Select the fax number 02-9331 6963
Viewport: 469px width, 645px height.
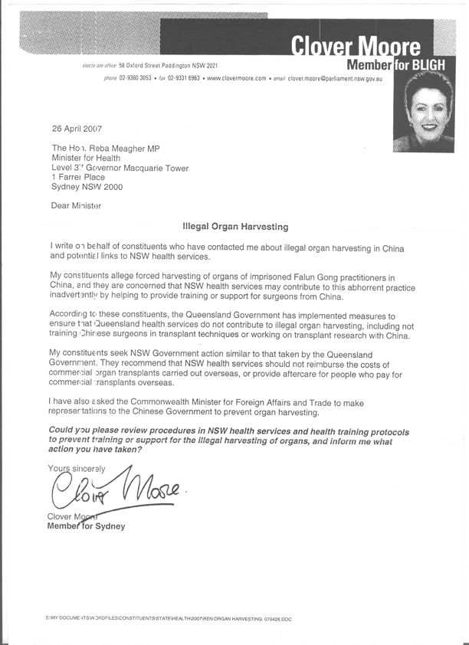[183, 79]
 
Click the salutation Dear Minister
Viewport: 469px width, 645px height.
[76, 205]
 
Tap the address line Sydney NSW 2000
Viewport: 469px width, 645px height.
[87, 186]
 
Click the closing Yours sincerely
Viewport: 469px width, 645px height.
[77, 467]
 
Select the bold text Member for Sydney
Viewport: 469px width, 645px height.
[86, 526]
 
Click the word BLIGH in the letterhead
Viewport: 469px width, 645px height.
[437, 66]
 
